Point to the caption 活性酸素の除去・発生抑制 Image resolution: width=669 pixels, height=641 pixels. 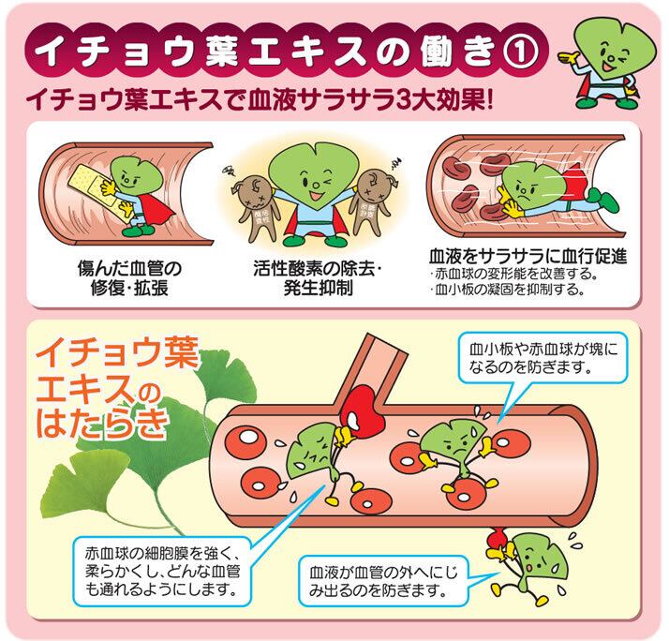pos(318,278)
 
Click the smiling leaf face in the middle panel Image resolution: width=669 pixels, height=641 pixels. pos(307,179)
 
